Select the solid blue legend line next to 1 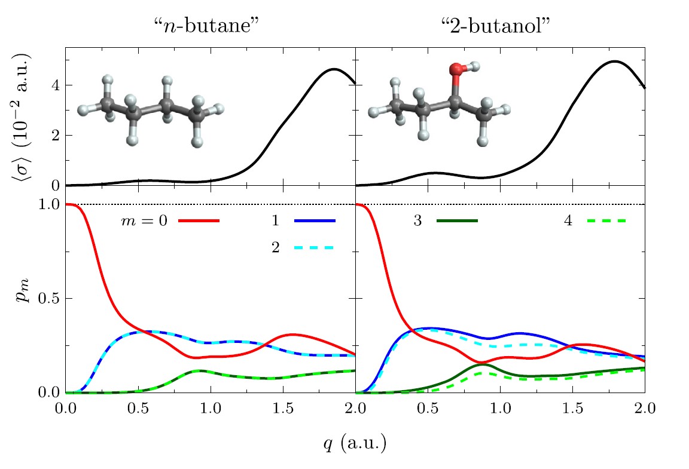315,221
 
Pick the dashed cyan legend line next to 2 315,247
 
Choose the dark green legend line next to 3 458,221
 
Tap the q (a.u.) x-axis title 355,443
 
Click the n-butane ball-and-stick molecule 151,109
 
